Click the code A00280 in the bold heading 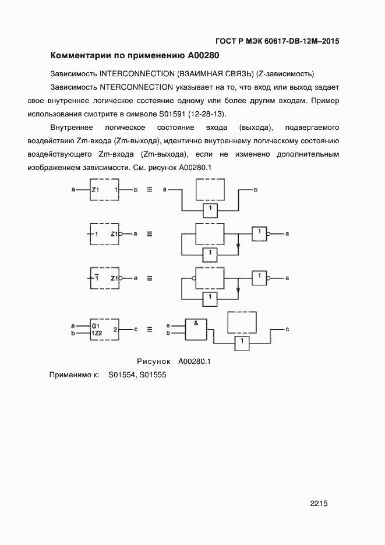[203, 56]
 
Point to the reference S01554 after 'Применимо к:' [122, 376]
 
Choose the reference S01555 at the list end [153, 376]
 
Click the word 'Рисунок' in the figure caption [153, 361]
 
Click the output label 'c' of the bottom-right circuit [288, 329]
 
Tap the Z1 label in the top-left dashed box [97, 190]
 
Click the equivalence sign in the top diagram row [149, 190]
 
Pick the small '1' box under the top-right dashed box [211, 208]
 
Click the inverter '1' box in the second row [258, 233]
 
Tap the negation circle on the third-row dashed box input [193, 278]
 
